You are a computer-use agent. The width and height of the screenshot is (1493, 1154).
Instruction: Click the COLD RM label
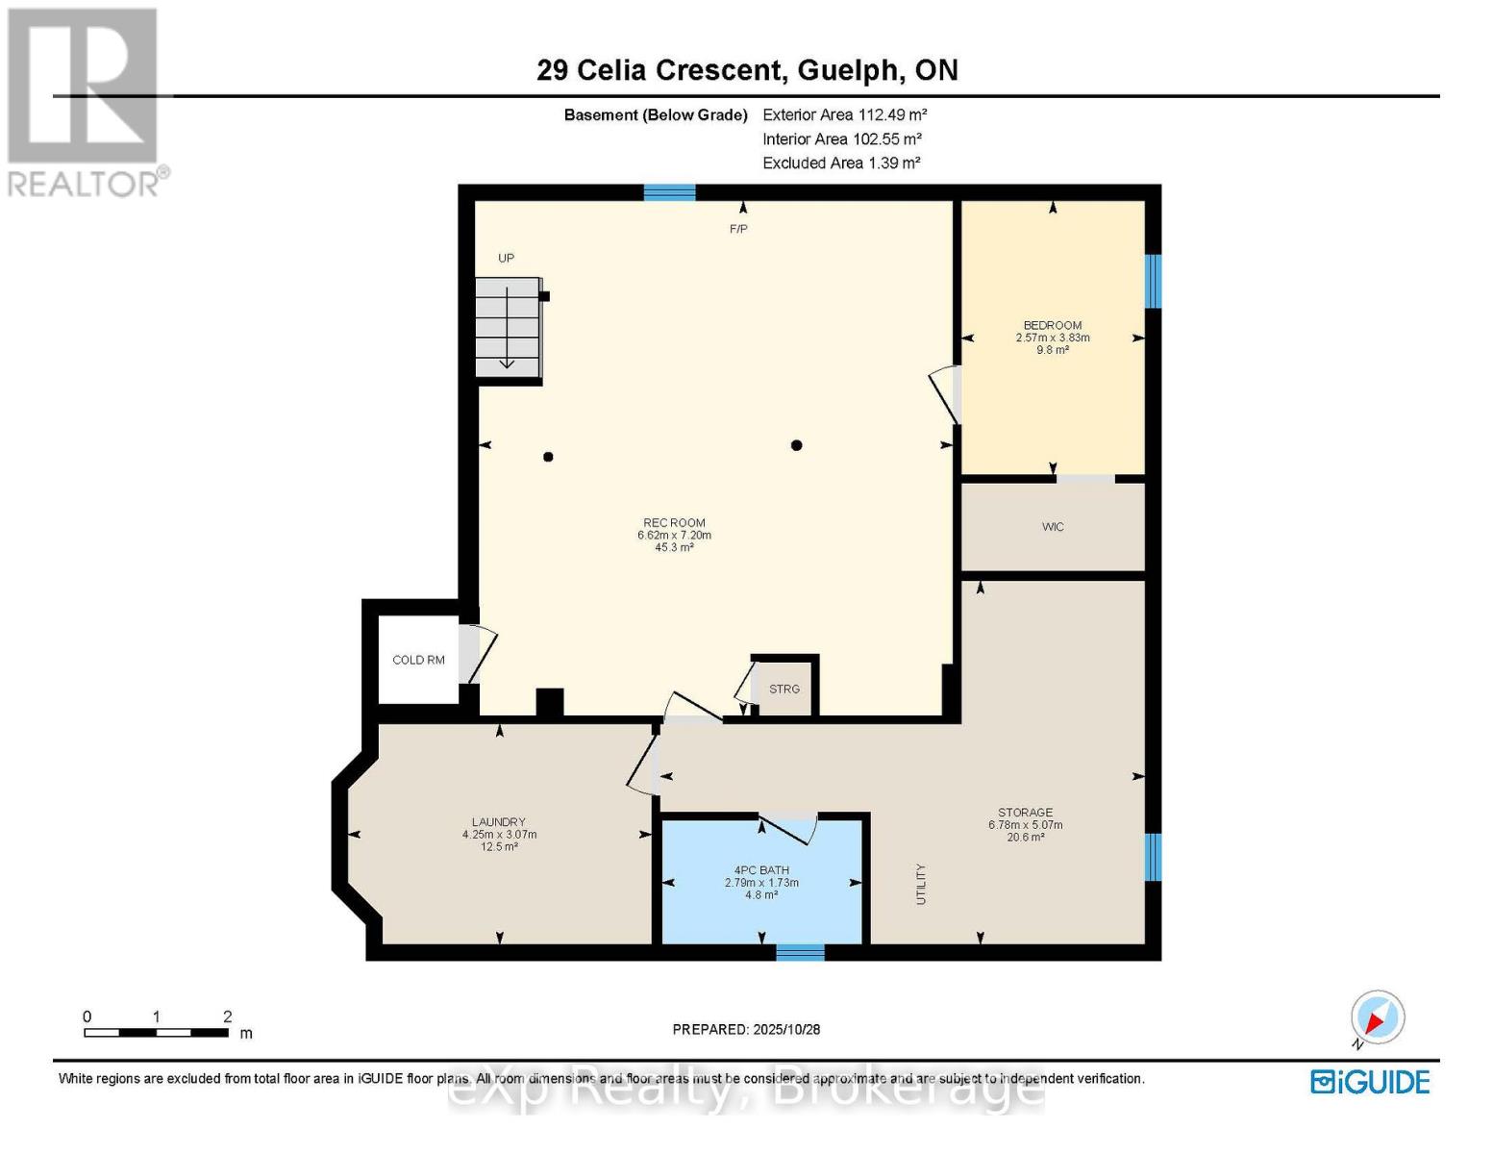point(418,660)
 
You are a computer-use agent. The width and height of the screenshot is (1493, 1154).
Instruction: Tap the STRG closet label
point(784,689)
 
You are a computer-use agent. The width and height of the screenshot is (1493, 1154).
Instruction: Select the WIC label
point(1053,527)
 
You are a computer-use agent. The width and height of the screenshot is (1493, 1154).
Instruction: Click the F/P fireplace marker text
point(738,229)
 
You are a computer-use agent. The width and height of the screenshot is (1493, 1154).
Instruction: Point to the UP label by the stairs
point(506,258)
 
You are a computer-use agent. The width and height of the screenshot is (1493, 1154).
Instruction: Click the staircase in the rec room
point(509,328)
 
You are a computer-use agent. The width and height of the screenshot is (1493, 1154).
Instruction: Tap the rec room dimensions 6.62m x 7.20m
point(674,536)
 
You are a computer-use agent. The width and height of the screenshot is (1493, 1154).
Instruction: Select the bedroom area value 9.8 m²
point(1053,350)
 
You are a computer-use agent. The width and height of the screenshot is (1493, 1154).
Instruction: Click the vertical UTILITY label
point(920,884)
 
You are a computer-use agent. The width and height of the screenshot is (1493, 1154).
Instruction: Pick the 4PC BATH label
point(761,870)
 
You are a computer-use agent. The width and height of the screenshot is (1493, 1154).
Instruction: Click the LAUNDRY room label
point(498,822)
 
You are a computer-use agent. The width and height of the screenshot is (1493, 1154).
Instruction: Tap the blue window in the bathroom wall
point(800,952)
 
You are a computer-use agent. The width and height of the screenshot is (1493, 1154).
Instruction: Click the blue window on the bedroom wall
point(1153,281)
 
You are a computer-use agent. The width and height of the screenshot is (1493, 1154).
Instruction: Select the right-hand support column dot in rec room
point(796,445)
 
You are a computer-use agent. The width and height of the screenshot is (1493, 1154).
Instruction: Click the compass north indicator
point(1377,1018)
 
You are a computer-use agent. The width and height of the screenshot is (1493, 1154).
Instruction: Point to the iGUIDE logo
point(1370,1082)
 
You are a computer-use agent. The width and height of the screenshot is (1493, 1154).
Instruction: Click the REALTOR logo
point(86,101)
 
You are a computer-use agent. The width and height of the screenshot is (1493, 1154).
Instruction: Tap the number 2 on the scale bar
point(228,1016)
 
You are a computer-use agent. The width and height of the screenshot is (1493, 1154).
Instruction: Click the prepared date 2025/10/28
point(785,1029)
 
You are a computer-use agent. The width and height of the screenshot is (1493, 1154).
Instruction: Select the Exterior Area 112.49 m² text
point(844,114)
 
